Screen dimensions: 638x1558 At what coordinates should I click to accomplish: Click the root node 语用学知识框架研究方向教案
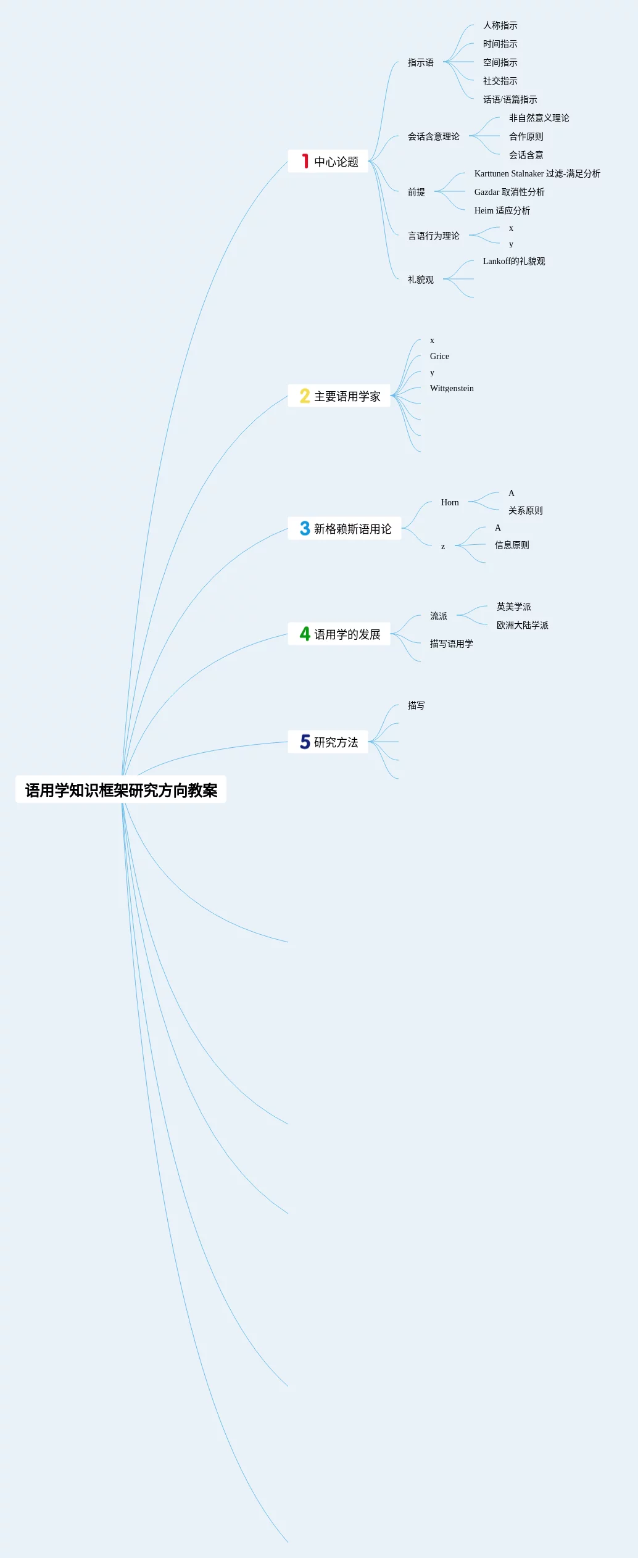[121, 790]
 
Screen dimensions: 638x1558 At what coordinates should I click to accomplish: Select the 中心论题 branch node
[336, 162]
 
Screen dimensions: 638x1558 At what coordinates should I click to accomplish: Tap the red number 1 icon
[305, 161]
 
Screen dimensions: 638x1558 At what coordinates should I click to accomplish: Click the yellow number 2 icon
[305, 396]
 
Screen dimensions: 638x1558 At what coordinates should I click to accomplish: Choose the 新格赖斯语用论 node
[352, 529]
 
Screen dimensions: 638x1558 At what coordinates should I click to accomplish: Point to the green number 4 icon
[305, 634]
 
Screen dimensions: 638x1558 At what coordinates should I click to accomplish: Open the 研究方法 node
[336, 742]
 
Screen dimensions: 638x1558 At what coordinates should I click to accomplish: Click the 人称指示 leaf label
[500, 25]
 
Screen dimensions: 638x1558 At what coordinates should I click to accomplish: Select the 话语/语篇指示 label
[510, 99]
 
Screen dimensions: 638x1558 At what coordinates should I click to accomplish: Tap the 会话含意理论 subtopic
[433, 136]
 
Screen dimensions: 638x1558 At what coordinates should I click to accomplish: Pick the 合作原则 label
[526, 136]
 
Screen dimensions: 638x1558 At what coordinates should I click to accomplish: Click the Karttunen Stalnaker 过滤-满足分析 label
[537, 173]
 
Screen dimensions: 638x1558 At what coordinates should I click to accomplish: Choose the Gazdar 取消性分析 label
[509, 192]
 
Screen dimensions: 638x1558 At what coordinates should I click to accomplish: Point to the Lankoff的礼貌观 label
[513, 261]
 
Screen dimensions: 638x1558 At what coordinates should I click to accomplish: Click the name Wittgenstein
[452, 388]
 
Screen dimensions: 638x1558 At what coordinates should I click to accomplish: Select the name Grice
[439, 356]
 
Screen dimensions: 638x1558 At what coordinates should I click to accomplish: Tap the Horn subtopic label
[450, 502]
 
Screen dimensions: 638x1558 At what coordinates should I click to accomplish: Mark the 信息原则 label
[512, 545]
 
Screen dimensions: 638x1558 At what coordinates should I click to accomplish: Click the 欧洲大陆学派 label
[522, 625]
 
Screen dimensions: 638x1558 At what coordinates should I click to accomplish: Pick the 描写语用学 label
[451, 644]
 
